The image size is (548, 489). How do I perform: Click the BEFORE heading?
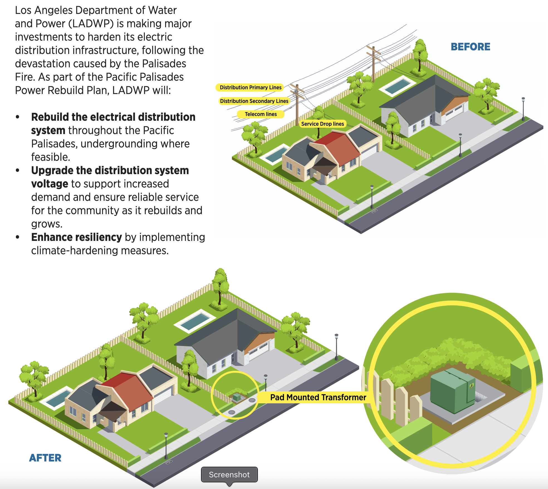coord(470,47)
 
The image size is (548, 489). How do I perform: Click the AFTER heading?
coord(45,458)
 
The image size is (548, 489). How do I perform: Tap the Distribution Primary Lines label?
coord(250,87)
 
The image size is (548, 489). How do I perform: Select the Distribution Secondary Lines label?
coord(254,101)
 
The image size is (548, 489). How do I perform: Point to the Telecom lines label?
coord(261,114)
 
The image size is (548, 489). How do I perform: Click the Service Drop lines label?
coord(322,124)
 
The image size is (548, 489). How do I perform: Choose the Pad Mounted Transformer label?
coord(318,397)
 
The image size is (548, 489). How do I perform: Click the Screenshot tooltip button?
coord(229,475)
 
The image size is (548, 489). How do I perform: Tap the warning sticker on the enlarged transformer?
coord(471,386)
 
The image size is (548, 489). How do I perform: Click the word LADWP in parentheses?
coord(91,24)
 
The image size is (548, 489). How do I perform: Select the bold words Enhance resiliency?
coord(76,237)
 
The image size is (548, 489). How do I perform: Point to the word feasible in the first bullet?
coord(50,157)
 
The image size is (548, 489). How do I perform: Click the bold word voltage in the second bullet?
coord(50,184)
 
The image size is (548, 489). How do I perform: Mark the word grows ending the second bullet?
coord(46,224)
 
